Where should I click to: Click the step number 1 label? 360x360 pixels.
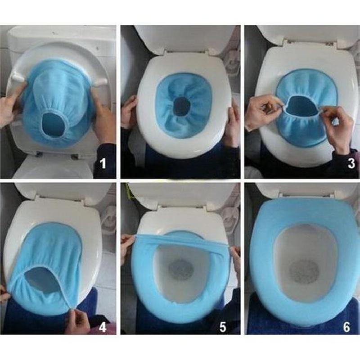tap(103, 163)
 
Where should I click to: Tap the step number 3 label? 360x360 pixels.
tap(351, 163)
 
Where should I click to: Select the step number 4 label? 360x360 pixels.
tap(103, 327)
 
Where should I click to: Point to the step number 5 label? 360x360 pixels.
tap(222, 327)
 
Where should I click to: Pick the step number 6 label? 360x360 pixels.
tap(346, 327)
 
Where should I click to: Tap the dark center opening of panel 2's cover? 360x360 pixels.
tap(182, 106)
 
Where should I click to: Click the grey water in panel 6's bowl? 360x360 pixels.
tap(304, 272)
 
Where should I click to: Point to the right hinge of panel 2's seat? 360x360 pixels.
tap(212, 51)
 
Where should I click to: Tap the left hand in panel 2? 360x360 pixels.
tap(129, 112)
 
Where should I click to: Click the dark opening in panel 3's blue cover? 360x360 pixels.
tap(302, 104)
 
